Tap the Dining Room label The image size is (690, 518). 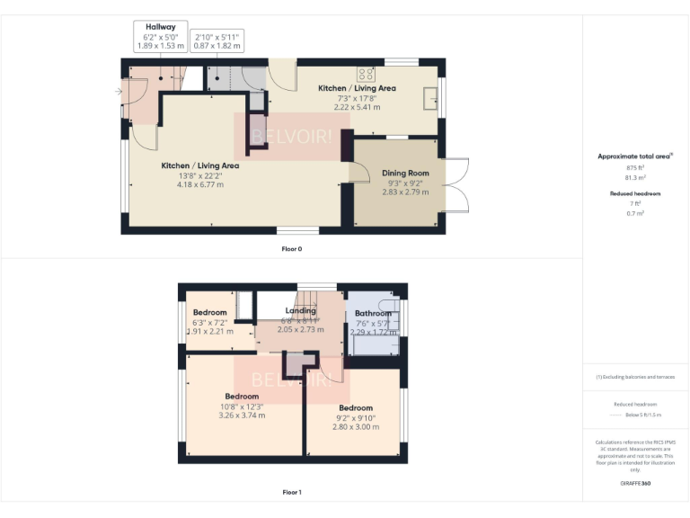pyautogui.click(x=405, y=173)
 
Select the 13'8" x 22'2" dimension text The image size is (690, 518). pyautogui.click(x=199, y=175)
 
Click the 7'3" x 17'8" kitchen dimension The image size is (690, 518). pyautogui.click(x=357, y=98)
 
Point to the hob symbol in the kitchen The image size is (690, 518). pyautogui.click(x=366, y=75)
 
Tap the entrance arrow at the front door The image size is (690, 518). pyautogui.click(x=119, y=91)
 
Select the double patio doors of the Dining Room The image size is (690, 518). pyautogui.click(x=457, y=186)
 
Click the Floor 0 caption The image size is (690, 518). pyautogui.click(x=291, y=248)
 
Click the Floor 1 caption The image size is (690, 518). pyautogui.click(x=291, y=492)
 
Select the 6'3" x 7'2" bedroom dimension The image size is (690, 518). pyautogui.click(x=210, y=322)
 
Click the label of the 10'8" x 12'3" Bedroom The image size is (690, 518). pyautogui.click(x=242, y=396)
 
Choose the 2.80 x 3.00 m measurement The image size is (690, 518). pyautogui.click(x=356, y=426)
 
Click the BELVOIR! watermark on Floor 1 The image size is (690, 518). pyautogui.click(x=291, y=380)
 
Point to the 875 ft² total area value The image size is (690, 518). pyautogui.click(x=635, y=168)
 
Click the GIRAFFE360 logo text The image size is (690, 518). pyautogui.click(x=635, y=484)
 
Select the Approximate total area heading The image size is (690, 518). pyautogui.click(x=634, y=156)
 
